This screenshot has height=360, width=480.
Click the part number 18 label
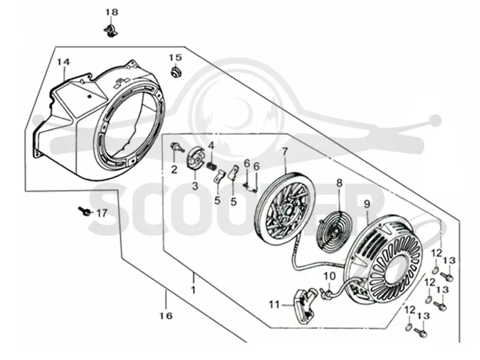pyautogui.click(x=112, y=12)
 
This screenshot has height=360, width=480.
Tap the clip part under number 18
pyautogui.click(x=111, y=31)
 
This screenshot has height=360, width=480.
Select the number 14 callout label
pyautogui.click(x=64, y=62)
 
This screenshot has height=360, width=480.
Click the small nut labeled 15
pyautogui.click(x=176, y=73)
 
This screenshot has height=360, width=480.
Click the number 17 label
pyautogui.click(x=101, y=213)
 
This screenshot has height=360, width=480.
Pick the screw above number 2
pyautogui.click(x=177, y=147)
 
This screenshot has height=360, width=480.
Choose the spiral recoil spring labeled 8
pyautogui.click(x=335, y=227)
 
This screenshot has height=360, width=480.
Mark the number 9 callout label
pyautogui.click(x=367, y=203)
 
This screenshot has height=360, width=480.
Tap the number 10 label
pyautogui.click(x=329, y=277)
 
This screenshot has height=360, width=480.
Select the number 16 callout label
pyautogui.click(x=166, y=316)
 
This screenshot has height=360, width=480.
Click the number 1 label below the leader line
pyautogui.click(x=193, y=290)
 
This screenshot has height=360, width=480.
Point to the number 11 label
pyautogui.click(x=274, y=305)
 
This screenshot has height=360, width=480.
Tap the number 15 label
pyautogui.click(x=176, y=58)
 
